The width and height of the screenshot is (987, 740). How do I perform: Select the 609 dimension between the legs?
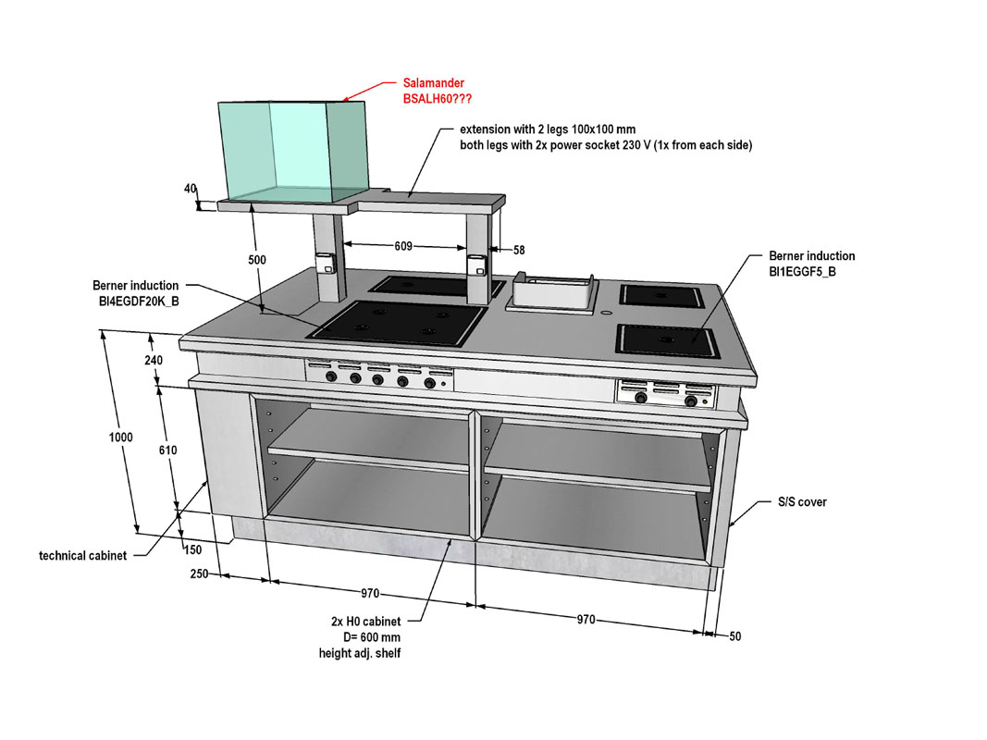pos(403,247)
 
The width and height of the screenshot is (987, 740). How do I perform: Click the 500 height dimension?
pos(256,260)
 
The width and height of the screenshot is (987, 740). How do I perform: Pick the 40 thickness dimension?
pos(191,188)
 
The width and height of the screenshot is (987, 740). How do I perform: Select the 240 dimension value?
pos(154,361)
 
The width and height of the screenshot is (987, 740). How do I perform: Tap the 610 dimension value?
pos(167,450)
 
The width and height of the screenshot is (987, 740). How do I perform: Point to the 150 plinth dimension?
pos(193,549)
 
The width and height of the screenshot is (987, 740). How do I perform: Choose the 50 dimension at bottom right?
pos(734,636)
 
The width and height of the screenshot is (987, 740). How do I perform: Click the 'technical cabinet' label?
pos(82,556)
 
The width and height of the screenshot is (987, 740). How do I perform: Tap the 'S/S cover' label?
pos(801,502)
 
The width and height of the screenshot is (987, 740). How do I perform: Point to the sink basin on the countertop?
pos(553,294)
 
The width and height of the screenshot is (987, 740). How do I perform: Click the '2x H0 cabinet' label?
pos(365,622)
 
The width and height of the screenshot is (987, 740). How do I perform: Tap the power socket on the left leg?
pos(325,264)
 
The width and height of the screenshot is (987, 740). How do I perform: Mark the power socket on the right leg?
pos(476,265)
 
